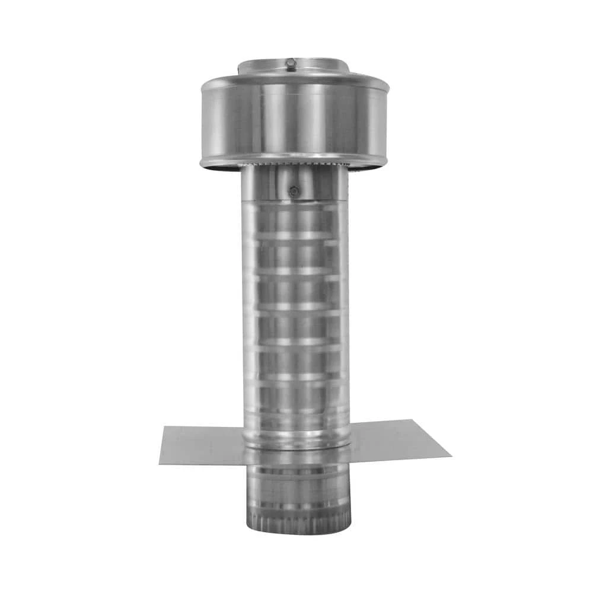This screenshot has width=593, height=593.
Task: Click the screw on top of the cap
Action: pyautogui.click(x=290, y=62)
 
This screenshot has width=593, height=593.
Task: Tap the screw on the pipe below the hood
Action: pyautogui.click(x=294, y=191)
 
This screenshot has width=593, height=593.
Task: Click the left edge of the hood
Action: pyautogui.click(x=203, y=122)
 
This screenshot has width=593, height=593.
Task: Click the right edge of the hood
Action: pyautogui.click(x=387, y=122)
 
